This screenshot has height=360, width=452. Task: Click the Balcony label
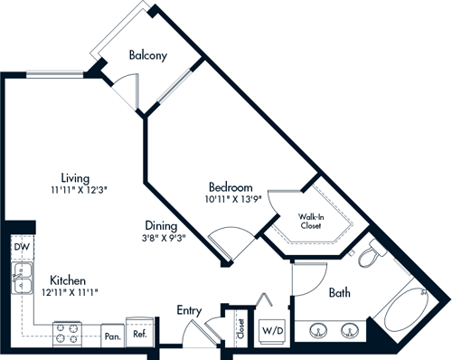click(148, 55)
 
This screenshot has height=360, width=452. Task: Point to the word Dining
click(164, 227)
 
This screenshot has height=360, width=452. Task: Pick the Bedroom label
click(231, 186)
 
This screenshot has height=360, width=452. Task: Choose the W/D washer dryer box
click(272, 329)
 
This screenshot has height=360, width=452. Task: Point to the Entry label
click(189, 310)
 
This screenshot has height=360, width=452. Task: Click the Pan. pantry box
click(111, 335)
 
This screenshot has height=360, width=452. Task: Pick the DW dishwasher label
click(22, 246)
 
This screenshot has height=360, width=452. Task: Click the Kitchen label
click(68, 279)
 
